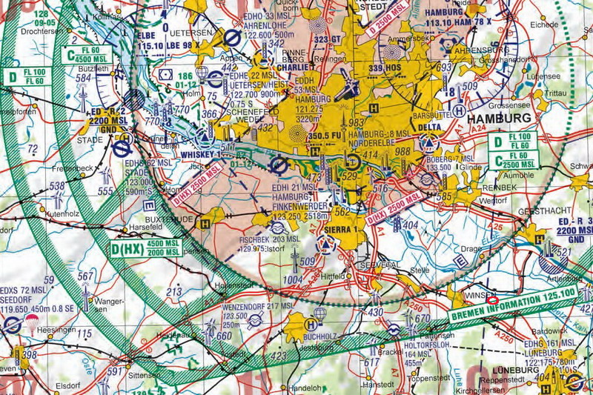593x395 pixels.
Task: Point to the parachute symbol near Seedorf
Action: pos(32,320)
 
